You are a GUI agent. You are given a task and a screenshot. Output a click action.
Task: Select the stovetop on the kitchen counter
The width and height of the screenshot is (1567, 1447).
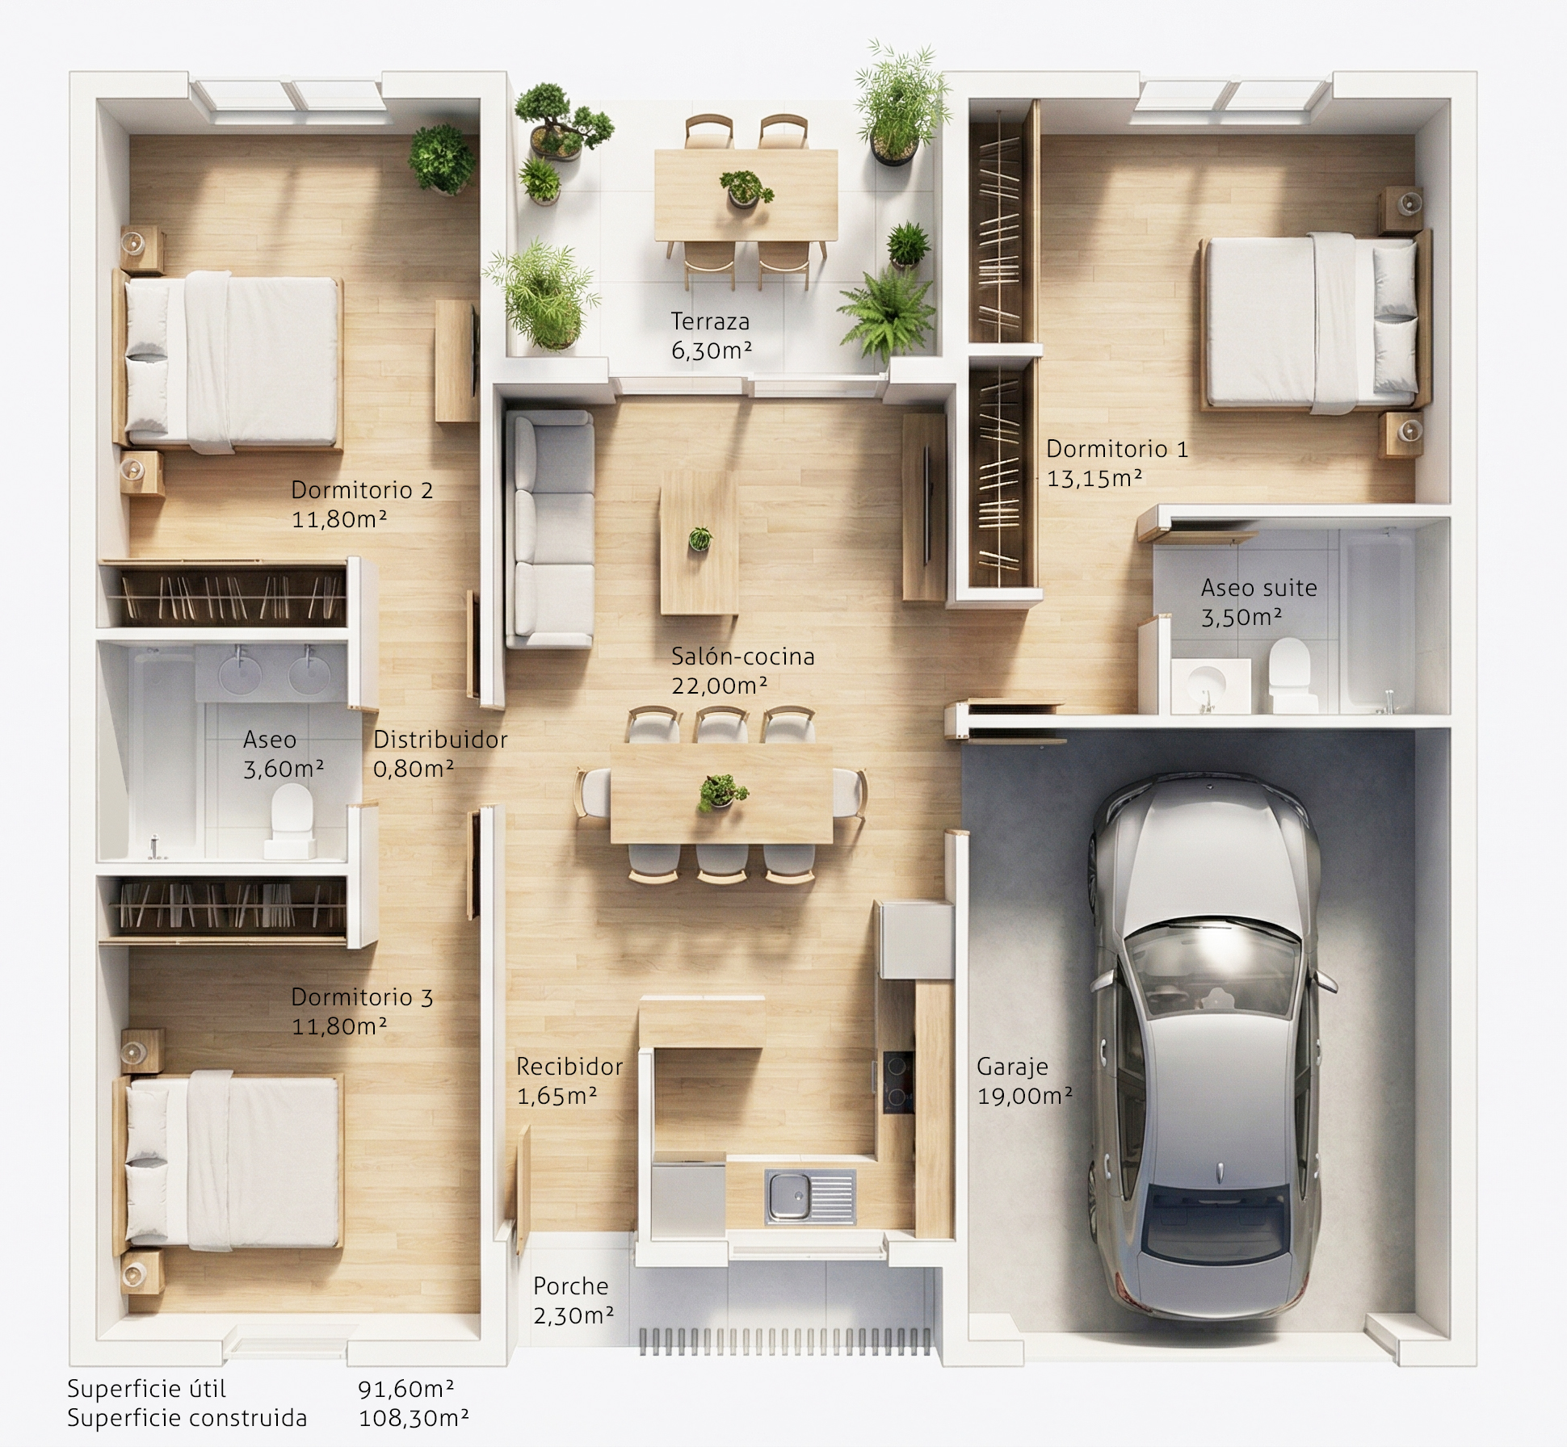[x=898, y=1082]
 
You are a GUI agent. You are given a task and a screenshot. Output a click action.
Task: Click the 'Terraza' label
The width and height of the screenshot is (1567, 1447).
[x=710, y=321]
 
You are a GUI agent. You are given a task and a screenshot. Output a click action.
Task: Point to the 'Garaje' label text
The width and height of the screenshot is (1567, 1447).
[x=1012, y=1067]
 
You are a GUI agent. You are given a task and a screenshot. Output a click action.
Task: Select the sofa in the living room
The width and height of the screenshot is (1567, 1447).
[x=549, y=528]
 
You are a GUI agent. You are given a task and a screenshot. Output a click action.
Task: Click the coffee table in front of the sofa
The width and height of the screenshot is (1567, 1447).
[x=699, y=543]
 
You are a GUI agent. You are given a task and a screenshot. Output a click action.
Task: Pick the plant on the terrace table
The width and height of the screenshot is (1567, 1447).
[x=745, y=189]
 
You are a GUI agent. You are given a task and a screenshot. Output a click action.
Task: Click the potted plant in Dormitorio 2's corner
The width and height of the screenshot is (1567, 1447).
[x=441, y=159]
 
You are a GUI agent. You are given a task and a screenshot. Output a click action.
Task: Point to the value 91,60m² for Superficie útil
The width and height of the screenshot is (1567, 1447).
[x=405, y=1388]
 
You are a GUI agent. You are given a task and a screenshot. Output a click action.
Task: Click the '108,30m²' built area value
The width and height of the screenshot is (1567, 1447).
[x=414, y=1417]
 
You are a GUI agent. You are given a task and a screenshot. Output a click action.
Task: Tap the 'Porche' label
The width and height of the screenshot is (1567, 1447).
[x=571, y=1286]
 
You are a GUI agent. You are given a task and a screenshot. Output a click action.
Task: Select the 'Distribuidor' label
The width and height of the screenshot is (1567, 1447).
[x=440, y=739]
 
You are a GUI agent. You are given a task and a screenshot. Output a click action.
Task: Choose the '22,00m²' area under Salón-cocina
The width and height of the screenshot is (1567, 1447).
[x=719, y=686]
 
